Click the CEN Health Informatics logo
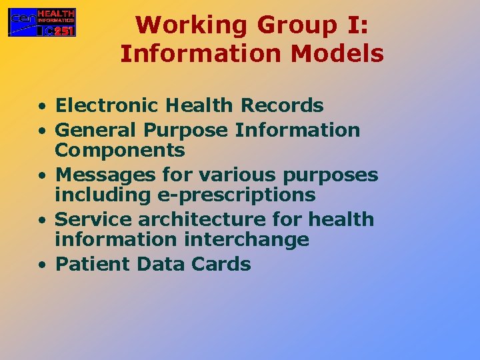pyautogui.click(x=42, y=22)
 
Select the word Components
pyautogui.click(x=120, y=150)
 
